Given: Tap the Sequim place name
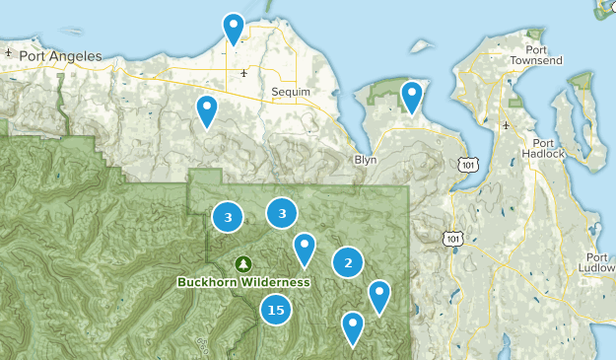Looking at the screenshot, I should [x=290, y=92].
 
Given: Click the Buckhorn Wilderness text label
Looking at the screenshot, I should [x=243, y=282].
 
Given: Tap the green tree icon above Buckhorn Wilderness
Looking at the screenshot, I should [x=243, y=263].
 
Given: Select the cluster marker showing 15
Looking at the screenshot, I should [x=276, y=310].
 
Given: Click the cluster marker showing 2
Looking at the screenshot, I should [x=347, y=262].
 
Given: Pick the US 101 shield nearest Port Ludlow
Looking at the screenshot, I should [x=452, y=238].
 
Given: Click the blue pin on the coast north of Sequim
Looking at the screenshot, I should [x=234, y=29].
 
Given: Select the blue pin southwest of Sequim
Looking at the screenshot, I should [x=206, y=111].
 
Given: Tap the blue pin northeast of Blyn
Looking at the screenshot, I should [x=411, y=97].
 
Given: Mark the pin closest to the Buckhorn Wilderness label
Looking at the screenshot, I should [x=305, y=250].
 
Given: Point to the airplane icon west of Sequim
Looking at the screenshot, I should [x=243, y=72].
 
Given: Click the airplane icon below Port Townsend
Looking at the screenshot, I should [x=507, y=125].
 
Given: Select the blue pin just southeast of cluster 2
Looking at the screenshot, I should [x=378, y=296].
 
